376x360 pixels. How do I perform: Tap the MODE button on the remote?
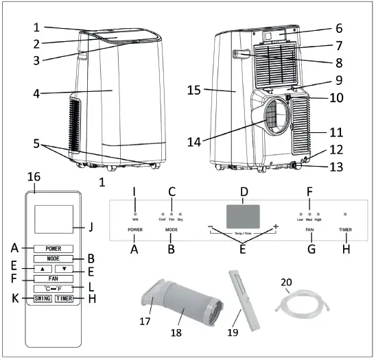point(54,259)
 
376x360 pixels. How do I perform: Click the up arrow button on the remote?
point(42,269)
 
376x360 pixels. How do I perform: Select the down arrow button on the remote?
point(65,269)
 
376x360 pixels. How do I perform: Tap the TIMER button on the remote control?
point(64,299)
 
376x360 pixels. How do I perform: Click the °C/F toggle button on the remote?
point(54,289)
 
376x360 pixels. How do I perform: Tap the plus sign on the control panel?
point(276,226)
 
